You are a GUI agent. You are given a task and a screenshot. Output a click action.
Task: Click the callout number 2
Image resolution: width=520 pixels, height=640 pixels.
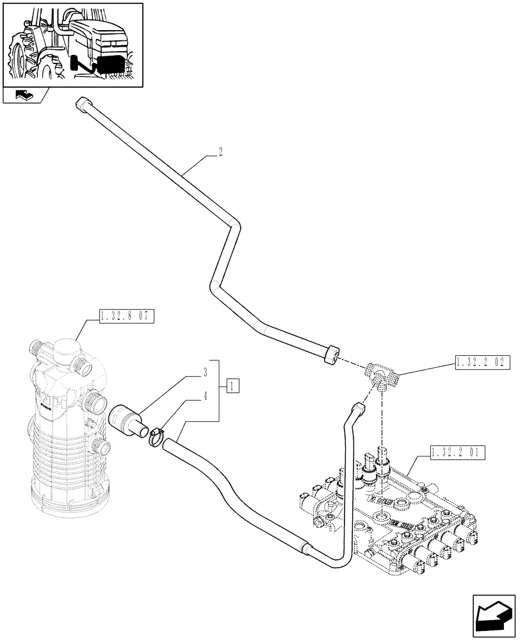coord(220,152)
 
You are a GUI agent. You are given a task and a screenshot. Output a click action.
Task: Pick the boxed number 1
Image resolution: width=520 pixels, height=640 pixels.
coord(233,386)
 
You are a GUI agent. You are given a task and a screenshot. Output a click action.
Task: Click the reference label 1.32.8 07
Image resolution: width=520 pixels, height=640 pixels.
coord(127,316)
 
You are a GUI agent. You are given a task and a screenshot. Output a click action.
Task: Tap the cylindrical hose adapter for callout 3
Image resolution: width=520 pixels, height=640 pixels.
coord(128,419)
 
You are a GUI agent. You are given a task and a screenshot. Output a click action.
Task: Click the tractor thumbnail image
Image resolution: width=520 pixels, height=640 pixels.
coord(72,45)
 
